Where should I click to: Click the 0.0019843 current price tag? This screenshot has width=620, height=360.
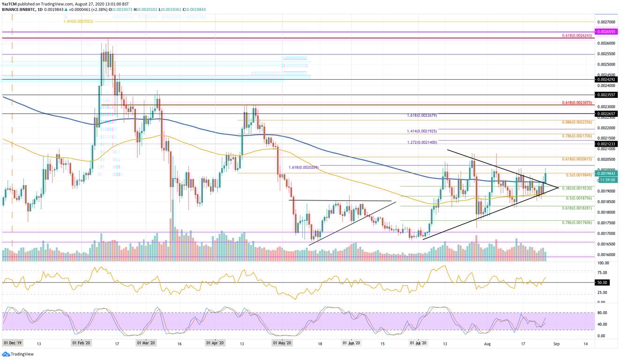[x=606, y=173]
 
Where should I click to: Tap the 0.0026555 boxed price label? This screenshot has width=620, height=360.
[x=606, y=32]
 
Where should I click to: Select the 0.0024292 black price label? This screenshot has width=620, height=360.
[x=606, y=79]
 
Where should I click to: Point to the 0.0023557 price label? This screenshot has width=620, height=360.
[x=606, y=95]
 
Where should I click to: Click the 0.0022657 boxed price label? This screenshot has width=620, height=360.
[x=606, y=113]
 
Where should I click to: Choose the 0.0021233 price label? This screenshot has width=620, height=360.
[x=606, y=144]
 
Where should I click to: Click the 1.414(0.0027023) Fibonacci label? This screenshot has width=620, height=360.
[x=80, y=21]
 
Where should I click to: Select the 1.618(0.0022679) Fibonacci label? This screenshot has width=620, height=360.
[x=422, y=115]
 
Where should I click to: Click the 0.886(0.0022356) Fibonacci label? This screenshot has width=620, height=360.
[x=577, y=122]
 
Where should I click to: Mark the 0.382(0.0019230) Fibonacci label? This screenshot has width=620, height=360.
[x=577, y=188]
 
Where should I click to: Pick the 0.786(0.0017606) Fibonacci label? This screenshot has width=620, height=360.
[x=577, y=223]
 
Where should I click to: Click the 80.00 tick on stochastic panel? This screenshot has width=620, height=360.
[x=602, y=313]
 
